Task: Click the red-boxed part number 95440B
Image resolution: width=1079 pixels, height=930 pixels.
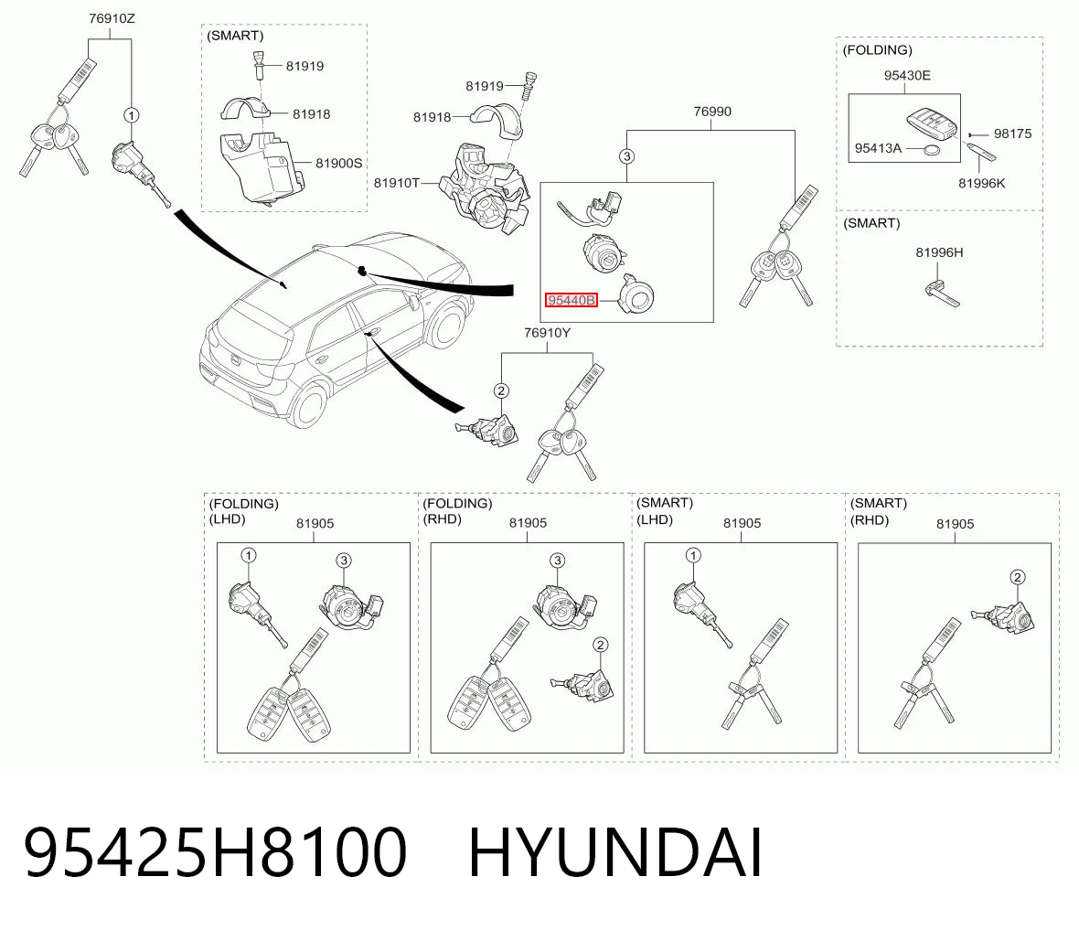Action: (x=572, y=300)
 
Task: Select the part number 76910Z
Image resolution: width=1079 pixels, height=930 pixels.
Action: (x=112, y=18)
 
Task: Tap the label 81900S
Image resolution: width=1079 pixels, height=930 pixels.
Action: (x=338, y=163)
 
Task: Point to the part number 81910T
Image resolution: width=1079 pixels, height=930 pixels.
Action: (x=396, y=182)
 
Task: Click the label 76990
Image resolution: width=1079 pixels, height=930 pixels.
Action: (x=712, y=112)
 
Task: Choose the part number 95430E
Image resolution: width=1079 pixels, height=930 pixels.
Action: (x=907, y=75)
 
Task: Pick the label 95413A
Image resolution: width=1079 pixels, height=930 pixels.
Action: (x=878, y=148)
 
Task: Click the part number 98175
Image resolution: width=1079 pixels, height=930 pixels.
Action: (x=1012, y=134)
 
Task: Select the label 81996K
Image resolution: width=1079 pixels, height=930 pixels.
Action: (x=981, y=183)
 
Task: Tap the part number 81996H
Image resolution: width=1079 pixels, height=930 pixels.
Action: (x=938, y=252)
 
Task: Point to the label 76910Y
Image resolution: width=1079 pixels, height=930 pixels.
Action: (x=547, y=333)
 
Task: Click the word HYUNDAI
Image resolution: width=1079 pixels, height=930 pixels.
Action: (x=615, y=852)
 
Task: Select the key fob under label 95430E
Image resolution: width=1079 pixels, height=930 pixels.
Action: (x=931, y=123)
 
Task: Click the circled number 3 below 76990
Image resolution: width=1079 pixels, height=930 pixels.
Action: (x=626, y=156)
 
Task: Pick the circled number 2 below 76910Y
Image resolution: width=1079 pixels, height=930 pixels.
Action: (x=501, y=391)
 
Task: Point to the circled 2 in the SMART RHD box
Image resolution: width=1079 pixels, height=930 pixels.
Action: (x=1017, y=577)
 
